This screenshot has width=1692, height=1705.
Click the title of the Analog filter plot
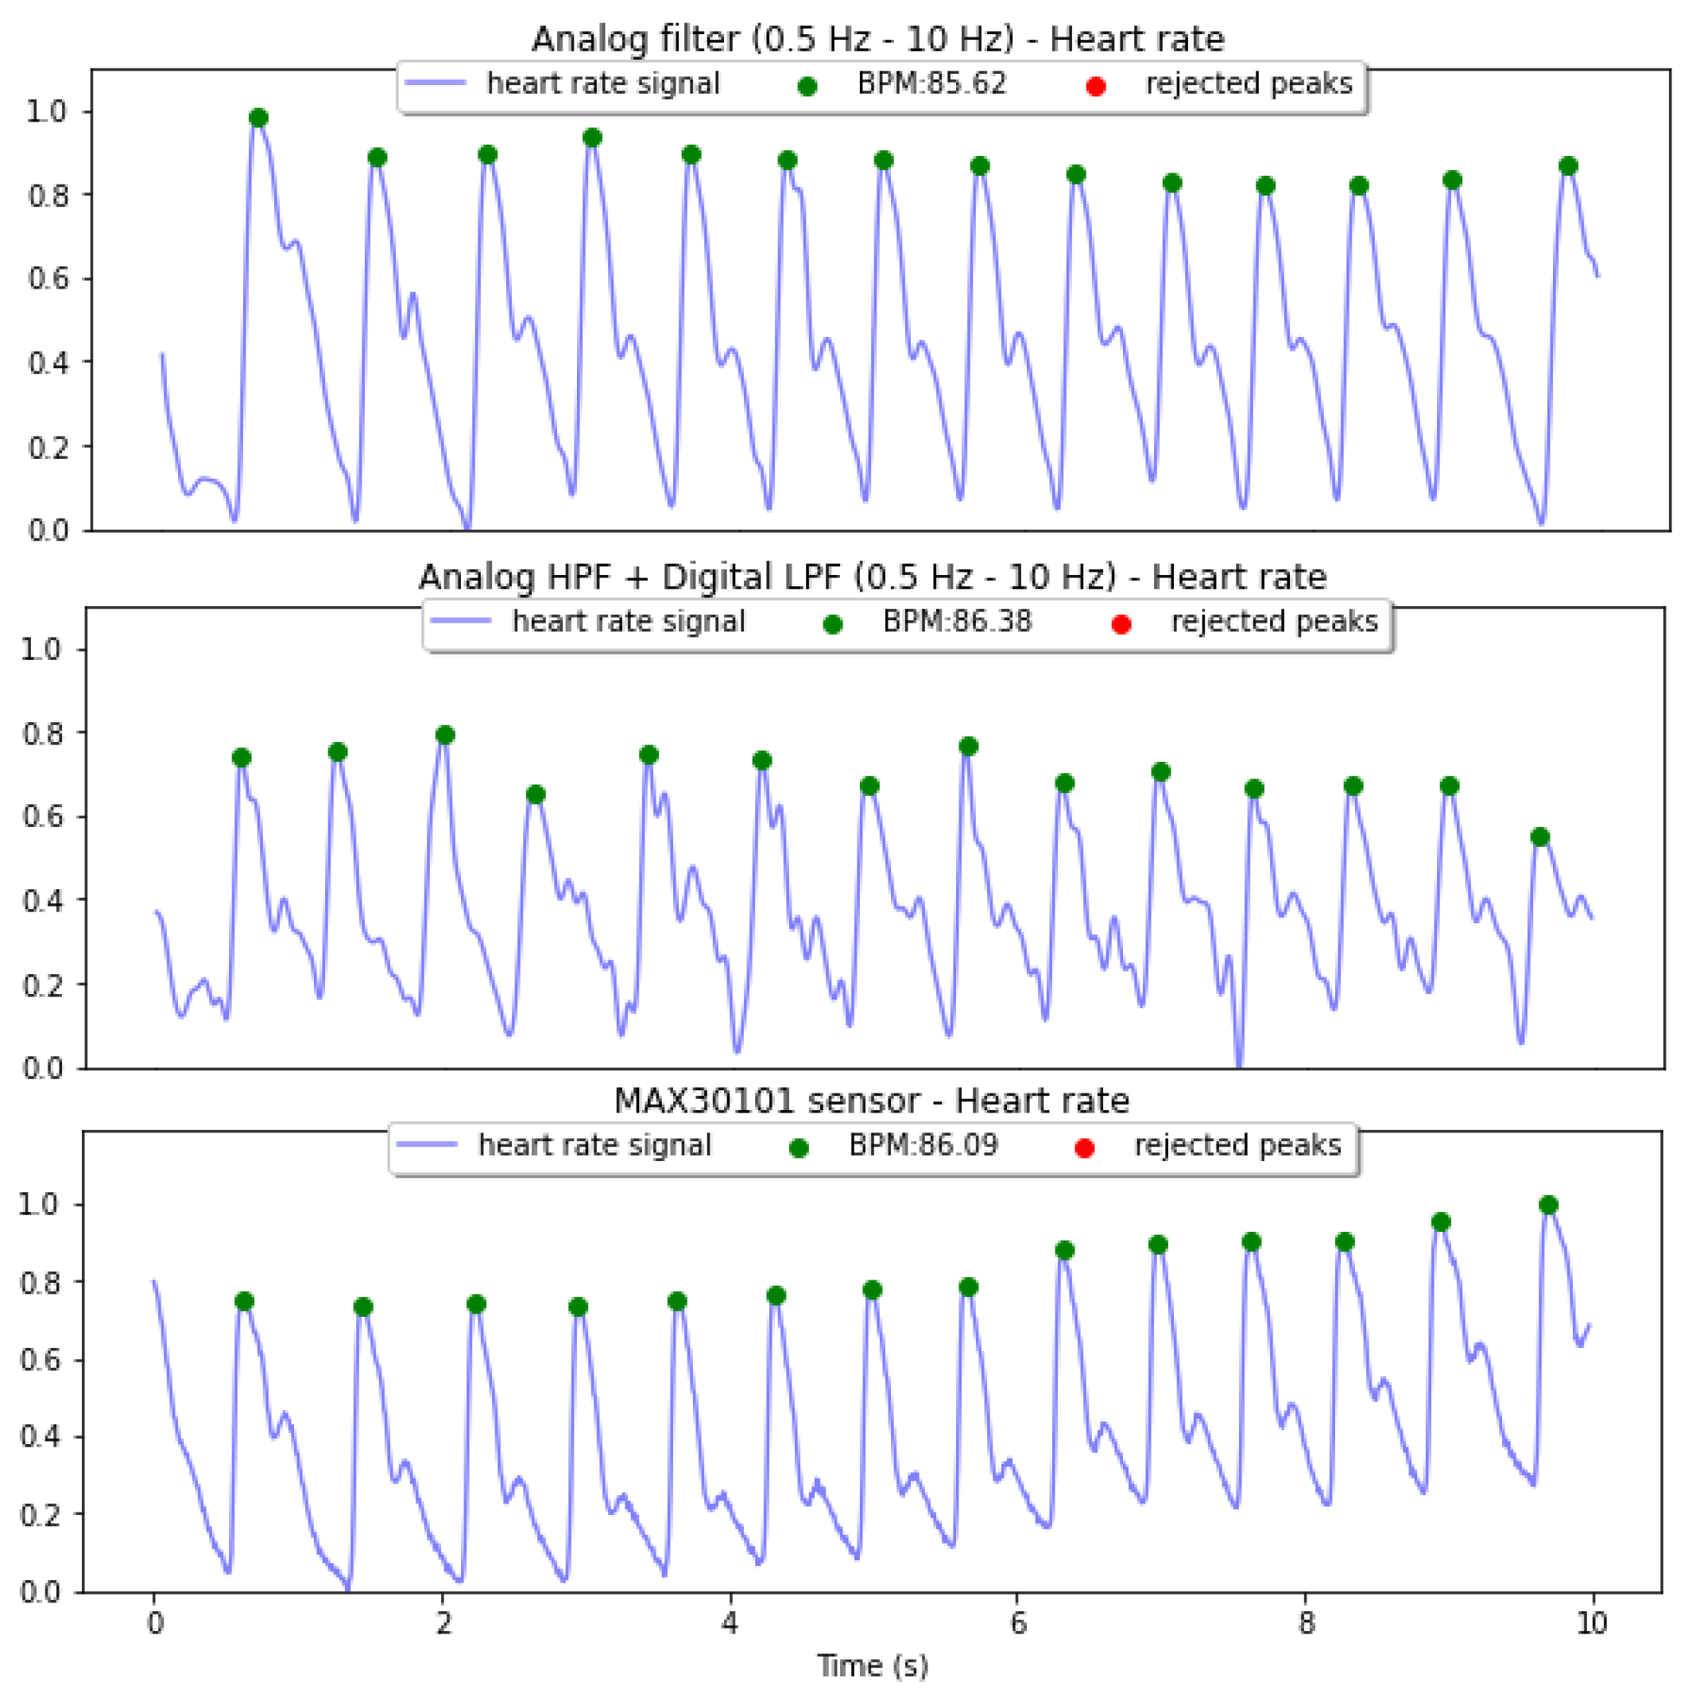point(877,40)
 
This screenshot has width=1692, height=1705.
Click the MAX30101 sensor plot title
point(872,1101)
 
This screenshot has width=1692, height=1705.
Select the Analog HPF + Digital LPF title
point(872,577)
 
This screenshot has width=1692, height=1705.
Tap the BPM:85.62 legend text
point(931,84)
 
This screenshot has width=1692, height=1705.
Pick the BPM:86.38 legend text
point(957,622)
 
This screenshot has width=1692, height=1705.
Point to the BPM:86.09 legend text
point(923,1145)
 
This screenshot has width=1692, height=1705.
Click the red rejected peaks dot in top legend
point(1096,87)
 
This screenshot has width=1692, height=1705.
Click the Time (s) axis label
point(873,1665)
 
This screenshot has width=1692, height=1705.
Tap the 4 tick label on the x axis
point(730,1622)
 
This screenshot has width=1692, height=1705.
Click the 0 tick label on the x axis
point(155,1622)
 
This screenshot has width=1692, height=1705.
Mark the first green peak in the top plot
point(258,118)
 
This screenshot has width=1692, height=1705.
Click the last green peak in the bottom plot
point(1548,1206)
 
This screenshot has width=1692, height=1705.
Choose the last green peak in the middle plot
point(1540,837)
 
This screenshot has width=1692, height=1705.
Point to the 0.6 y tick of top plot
point(48,279)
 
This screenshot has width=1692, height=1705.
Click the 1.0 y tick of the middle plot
point(42,650)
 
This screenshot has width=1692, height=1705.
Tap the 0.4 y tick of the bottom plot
point(41,1438)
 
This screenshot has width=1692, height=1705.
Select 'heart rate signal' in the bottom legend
point(594,1145)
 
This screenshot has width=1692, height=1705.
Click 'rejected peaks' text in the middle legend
point(1274,622)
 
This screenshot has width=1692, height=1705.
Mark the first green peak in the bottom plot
point(244,1302)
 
